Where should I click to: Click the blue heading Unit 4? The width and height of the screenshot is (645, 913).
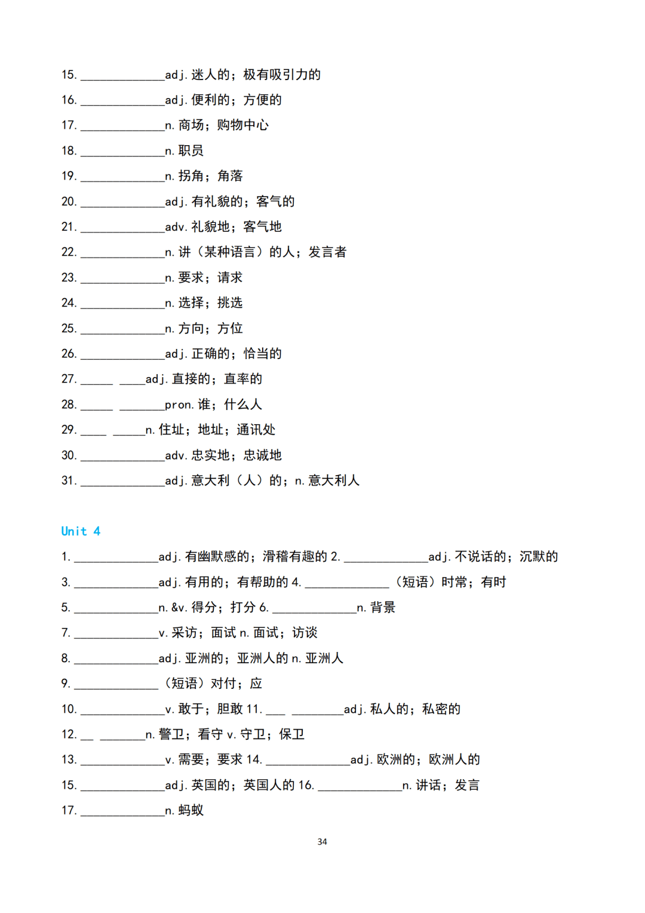point(81,531)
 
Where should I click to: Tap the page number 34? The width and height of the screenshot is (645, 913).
point(322,841)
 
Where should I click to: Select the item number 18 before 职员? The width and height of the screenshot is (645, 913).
point(69,151)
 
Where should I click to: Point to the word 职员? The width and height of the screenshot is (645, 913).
point(191,151)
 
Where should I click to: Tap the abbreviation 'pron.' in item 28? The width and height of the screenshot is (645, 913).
point(179,405)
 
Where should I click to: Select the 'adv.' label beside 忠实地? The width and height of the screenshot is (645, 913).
point(176,455)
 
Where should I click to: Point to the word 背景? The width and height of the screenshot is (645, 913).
point(383,608)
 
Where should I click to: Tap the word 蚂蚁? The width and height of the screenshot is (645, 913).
point(191,810)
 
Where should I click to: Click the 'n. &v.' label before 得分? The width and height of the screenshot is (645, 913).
point(173,608)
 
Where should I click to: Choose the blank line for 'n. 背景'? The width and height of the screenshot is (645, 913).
point(314,609)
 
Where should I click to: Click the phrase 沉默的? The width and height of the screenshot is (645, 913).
point(539,557)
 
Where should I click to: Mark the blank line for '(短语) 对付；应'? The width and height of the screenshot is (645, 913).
point(116,685)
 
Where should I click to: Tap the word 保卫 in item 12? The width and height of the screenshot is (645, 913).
point(292,734)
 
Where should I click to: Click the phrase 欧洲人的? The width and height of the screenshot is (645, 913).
point(454,759)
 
